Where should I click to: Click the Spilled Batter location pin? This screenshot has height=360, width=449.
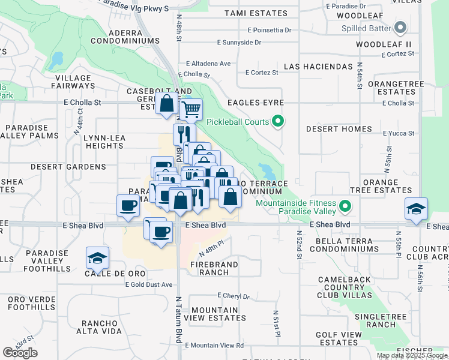(x=400, y=28)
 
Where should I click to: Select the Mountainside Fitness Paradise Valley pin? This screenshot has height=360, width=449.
(x=345, y=208)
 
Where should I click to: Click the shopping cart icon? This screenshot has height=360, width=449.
(x=191, y=110)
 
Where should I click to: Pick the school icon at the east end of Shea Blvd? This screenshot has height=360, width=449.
(x=416, y=209)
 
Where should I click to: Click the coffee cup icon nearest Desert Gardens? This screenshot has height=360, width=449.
(x=127, y=206)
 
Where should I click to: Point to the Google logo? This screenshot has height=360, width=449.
(x=20, y=353)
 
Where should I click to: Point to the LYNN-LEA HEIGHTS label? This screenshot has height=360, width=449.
(x=104, y=142)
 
